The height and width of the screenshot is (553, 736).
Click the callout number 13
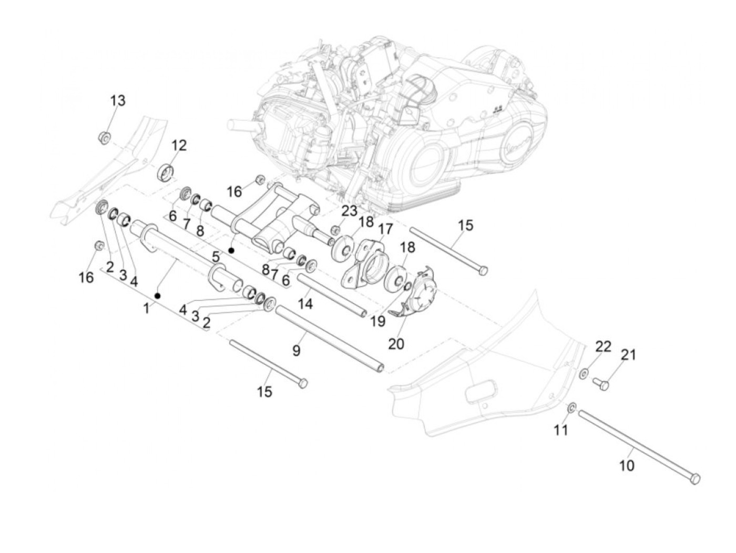118,100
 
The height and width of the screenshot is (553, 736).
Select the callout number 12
179,146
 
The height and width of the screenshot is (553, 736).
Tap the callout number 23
350,211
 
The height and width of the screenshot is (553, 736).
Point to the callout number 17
385,229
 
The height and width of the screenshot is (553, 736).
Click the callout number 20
396,344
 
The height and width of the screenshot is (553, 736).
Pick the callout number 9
296,351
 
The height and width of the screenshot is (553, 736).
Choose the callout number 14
305,304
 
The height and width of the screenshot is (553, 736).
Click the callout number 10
626,465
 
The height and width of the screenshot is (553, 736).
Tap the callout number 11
560,430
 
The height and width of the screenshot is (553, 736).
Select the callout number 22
603,346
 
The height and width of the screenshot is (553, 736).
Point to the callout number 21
628,355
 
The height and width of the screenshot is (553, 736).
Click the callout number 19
378,321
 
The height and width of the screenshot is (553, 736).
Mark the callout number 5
216,257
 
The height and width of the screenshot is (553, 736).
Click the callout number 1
146,308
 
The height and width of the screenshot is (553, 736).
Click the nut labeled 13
105,137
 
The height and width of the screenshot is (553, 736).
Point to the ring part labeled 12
165,172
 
